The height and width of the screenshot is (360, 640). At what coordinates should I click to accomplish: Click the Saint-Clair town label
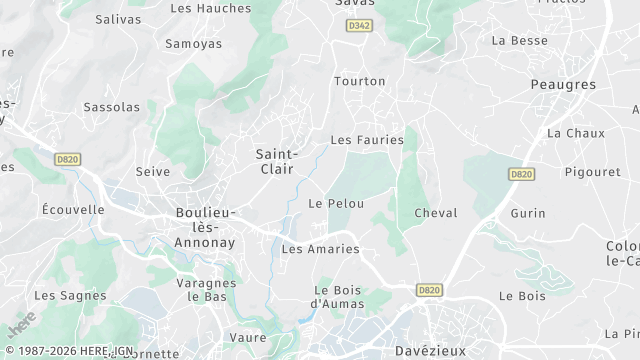(x=275, y=162)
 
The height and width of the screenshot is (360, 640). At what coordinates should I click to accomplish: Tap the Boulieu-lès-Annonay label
(x=205, y=227)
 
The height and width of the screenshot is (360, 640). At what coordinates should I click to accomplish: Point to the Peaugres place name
(x=564, y=85)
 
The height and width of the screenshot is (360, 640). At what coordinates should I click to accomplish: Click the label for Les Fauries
(x=367, y=140)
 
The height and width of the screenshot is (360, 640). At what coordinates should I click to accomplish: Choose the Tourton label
(x=360, y=80)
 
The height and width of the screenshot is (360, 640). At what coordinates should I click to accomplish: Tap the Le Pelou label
(x=336, y=203)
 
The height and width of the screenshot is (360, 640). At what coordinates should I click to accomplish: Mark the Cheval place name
(x=435, y=213)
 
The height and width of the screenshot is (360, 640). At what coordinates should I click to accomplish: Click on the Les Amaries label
(x=320, y=249)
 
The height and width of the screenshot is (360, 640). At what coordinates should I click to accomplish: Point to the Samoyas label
(x=193, y=45)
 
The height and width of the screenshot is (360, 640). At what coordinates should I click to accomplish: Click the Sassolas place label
(x=112, y=106)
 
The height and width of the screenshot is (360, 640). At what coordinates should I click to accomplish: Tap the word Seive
(x=153, y=172)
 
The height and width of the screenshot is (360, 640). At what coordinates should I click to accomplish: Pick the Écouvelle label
(x=73, y=210)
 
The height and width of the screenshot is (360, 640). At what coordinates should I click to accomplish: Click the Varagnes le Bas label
(x=206, y=290)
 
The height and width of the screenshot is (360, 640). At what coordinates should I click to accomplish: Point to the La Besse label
(x=520, y=41)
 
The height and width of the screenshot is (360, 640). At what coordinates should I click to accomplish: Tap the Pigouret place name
(x=592, y=172)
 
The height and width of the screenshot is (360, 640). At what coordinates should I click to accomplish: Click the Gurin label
(x=528, y=214)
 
